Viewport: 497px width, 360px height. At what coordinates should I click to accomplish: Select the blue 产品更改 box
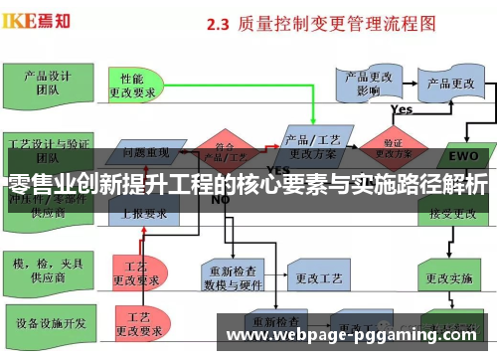(x=449, y=84)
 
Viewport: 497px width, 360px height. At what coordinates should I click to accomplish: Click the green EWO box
(x=463, y=155)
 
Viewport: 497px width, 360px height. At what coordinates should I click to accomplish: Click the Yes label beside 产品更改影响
(x=402, y=109)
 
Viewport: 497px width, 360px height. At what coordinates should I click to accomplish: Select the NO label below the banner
(x=220, y=199)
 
